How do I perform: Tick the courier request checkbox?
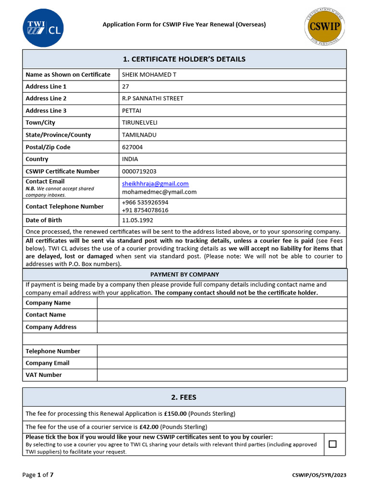tap(332, 444)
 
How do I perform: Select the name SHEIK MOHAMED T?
tap(149, 75)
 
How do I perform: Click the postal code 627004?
tap(132, 147)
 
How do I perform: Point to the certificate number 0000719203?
tap(139, 171)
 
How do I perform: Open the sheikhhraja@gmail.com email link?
tap(155, 184)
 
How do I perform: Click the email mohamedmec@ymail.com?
tap(159, 192)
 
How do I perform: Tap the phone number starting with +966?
tap(145, 202)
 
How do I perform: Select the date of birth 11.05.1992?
tap(137, 221)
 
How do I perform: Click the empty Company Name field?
tap(221, 303)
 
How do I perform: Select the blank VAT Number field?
tap(221, 375)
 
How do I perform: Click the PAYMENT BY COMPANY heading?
tap(184, 275)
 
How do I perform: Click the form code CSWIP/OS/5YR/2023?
tap(319, 475)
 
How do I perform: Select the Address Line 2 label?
tap(46, 99)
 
